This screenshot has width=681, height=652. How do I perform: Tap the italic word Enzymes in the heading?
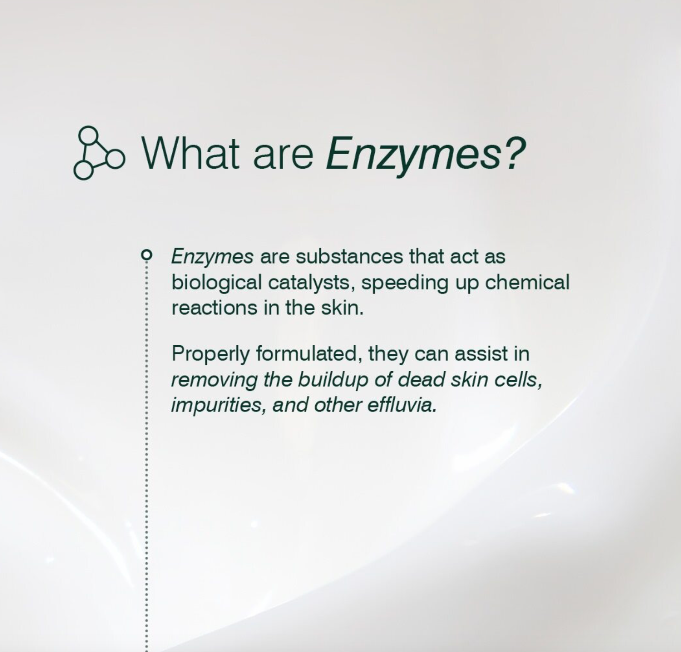(x=413, y=156)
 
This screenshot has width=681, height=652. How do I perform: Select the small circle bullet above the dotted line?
(x=146, y=255)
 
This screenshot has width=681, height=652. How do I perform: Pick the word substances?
(x=349, y=256)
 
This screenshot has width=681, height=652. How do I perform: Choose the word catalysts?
(x=311, y=283)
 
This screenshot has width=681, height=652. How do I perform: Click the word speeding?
(x=405, y=283)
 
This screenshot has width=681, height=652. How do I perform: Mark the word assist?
(x=481, y=354)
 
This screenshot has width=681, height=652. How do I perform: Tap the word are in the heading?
(x=282, y=157)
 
